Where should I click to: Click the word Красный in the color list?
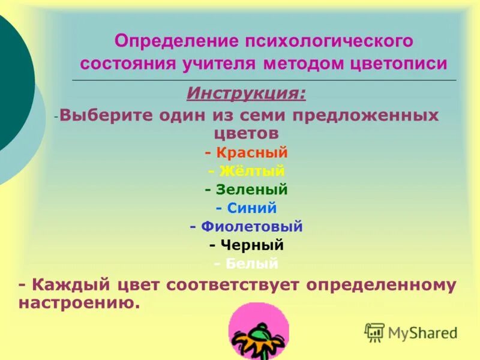(x=252, y=153)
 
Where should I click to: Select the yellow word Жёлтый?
(x=252, y=172)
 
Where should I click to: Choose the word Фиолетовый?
(x=252, y=227)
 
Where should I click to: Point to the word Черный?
(x=252, y=245)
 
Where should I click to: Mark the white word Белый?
(x=252, y=263)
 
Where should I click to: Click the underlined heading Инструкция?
(x=245, y=94)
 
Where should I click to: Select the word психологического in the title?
(x=328, y=41)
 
